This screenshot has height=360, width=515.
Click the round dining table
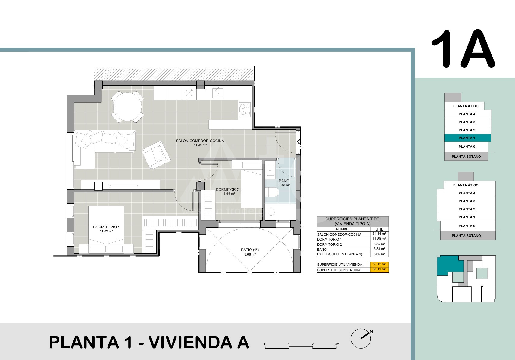click(127, 107)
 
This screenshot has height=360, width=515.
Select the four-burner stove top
click(244, 110)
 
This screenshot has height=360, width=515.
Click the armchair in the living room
click(156, 154)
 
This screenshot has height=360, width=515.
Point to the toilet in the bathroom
click(272, 192)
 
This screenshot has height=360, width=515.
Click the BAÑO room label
click(284, 181)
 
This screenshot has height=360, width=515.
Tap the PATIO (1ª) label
click(250, 250)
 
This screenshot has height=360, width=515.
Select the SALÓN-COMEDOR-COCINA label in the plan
click(200, 141)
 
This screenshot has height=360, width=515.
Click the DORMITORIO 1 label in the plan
click(106, 227)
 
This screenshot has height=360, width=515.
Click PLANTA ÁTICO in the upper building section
click(466, 106)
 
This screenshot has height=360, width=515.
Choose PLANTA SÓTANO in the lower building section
click(466, 235)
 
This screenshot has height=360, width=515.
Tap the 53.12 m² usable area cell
click(379, 264)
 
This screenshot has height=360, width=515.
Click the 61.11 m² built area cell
click(379, 269)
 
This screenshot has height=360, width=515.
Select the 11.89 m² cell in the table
click(379, 239)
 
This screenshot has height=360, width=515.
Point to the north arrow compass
click(361, 338)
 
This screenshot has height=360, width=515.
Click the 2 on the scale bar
click(312, 344)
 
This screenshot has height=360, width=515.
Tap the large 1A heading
click(463, 49)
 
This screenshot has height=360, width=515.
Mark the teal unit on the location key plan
click(450, 265)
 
